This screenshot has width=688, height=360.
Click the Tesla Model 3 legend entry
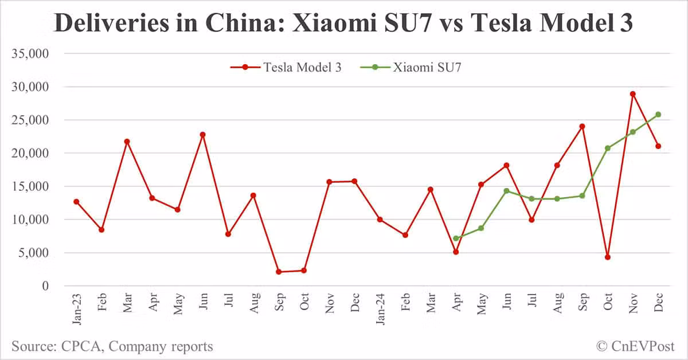(x=287, y=67)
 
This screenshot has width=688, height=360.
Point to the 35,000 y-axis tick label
(x=30, y=54)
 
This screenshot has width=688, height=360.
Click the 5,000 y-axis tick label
(x=34, y=253)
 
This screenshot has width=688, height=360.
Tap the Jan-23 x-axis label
(x=76, y=310)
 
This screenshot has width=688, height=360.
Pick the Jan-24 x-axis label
(x=380, y=310)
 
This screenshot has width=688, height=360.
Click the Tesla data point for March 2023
(x=127, y=141)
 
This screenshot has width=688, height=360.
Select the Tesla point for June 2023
(x=202, y=135)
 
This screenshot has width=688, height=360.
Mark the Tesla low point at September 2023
(x=278, y=272)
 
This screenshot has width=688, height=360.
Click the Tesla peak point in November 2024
(x=632, y=94)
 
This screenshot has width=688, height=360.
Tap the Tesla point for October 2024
(x=607, y=257)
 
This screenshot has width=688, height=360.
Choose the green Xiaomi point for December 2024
(x=658, y=115)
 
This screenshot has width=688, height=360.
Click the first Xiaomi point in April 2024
(x=456, y=238)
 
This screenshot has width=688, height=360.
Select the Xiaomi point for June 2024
(x=506, y=191)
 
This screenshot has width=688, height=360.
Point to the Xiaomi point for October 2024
(x=607, y=148)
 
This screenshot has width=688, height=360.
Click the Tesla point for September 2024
(x=582, y=126)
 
